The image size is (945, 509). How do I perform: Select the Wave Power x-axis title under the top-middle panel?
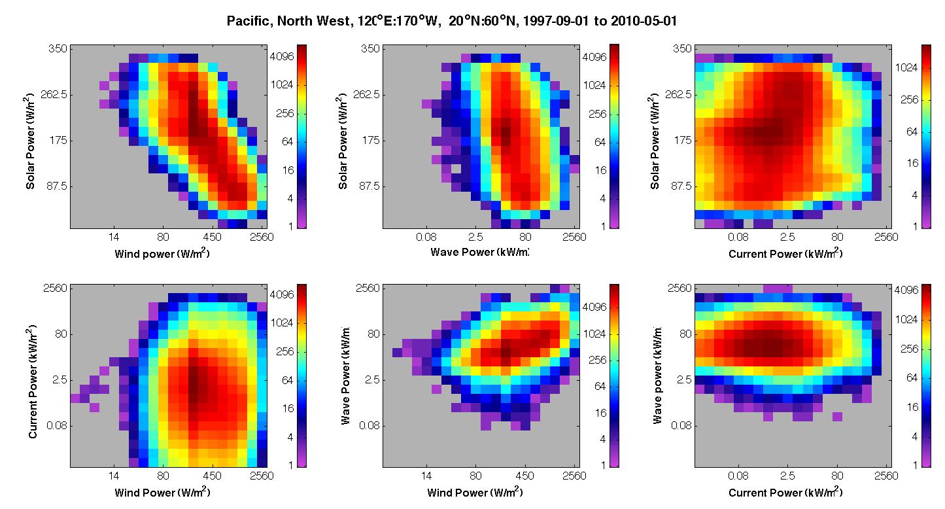click(x=479, y=253)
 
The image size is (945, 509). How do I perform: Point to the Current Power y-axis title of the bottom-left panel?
click(x=31, y=381)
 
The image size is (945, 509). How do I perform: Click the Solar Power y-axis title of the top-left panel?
click(x=29, y=141)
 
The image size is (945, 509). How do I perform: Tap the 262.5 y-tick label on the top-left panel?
click(x=54, y=95)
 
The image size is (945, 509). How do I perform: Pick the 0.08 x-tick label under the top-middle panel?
click(x=426, y=237)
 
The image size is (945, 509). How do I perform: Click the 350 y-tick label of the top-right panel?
click(x=682, y=48)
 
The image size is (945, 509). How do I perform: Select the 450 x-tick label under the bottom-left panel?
click(x=212, y=476)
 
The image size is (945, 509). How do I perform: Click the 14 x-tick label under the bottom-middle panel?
click(x=426, y=476)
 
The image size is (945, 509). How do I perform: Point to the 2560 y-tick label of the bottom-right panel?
click(x=679, y=289)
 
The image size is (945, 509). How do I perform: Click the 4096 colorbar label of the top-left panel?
click(x=282, y=56)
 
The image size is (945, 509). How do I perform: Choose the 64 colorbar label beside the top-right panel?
click(x=912, y=132)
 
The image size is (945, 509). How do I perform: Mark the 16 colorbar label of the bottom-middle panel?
click(x=600, y=413)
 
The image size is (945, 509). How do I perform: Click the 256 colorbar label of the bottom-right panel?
click(x=909, y=349)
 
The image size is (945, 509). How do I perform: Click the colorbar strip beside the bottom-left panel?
click(x=301, y=376)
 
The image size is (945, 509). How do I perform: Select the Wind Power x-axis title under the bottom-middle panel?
click(x=475, y=492)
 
